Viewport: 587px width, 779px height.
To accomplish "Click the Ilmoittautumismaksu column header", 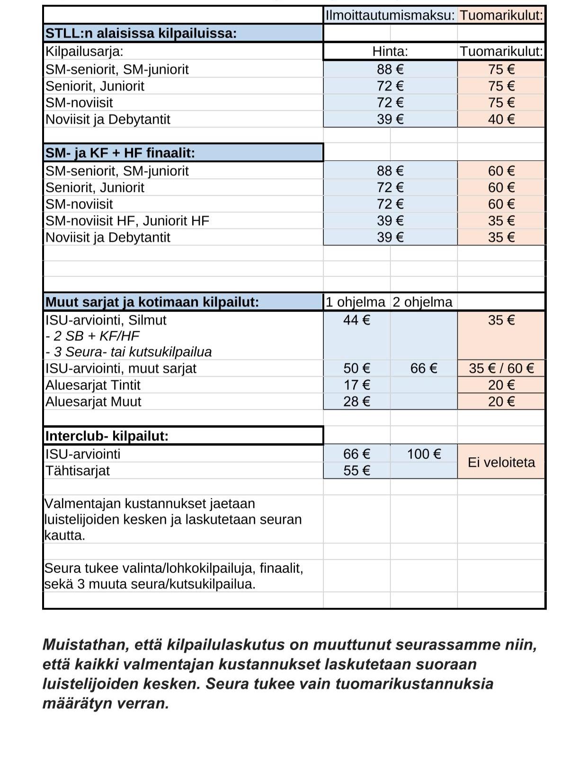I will pyautogui.click(x=390, y=15).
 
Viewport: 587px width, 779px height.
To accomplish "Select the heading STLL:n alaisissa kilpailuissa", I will pyautogui.click(x=141, y=34).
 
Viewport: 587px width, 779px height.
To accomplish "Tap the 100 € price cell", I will pyautogui.click(x=424, y=454).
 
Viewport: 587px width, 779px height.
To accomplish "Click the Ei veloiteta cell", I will pyautogui.click(x=501, y=462).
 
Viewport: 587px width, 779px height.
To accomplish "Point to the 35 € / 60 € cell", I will pyautogui.click(x=501, y=368).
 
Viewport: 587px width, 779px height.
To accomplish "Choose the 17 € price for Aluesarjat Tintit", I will pyautogui.click(x=357, y=385).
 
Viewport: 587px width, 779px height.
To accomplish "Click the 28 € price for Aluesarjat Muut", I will pyautogui.click(x=357, y=402).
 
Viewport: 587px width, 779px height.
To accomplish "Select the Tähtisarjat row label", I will pyautogui.click(x=78, y=471).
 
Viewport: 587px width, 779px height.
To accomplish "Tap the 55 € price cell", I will pyautogui.click(x=357, y=471).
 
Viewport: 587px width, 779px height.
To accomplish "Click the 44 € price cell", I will pyautogui.click(x=357, y=320).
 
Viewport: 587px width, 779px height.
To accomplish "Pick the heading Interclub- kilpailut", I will pyautogui.click(x=107, y=436).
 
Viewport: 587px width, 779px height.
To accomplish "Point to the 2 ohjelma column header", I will pyautogui.click(x=423, y=302).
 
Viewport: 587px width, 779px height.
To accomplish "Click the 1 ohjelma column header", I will pyautogui.click(x=356, y=302).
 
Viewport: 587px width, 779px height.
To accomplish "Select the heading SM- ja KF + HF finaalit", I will pyautogui.click(x=120, y=153).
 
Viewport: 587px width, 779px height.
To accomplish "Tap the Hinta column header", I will pyautogui.click(x=390, y=51).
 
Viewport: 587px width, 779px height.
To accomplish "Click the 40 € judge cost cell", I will pyautogui.click(x=501, y=119).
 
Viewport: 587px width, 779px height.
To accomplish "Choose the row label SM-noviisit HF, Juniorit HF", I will pyautogui.click(x=127, y=221).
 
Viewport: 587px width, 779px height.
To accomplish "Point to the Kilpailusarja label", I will pyautogui.click(x=84, y=51).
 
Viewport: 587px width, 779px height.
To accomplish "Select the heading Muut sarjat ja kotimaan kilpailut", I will pyautogui.click(x=152, y=302).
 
